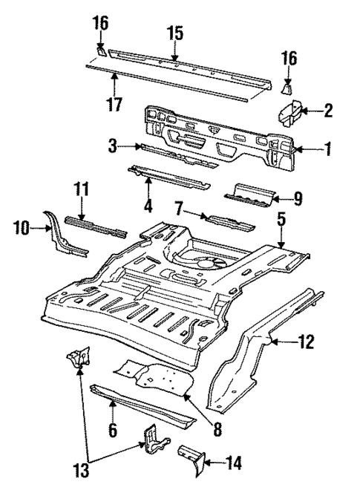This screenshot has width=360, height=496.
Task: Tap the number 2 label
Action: point(328,111)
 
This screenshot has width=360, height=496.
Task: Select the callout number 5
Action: point(281,219)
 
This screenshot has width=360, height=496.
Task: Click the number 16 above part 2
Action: point(291,58)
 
